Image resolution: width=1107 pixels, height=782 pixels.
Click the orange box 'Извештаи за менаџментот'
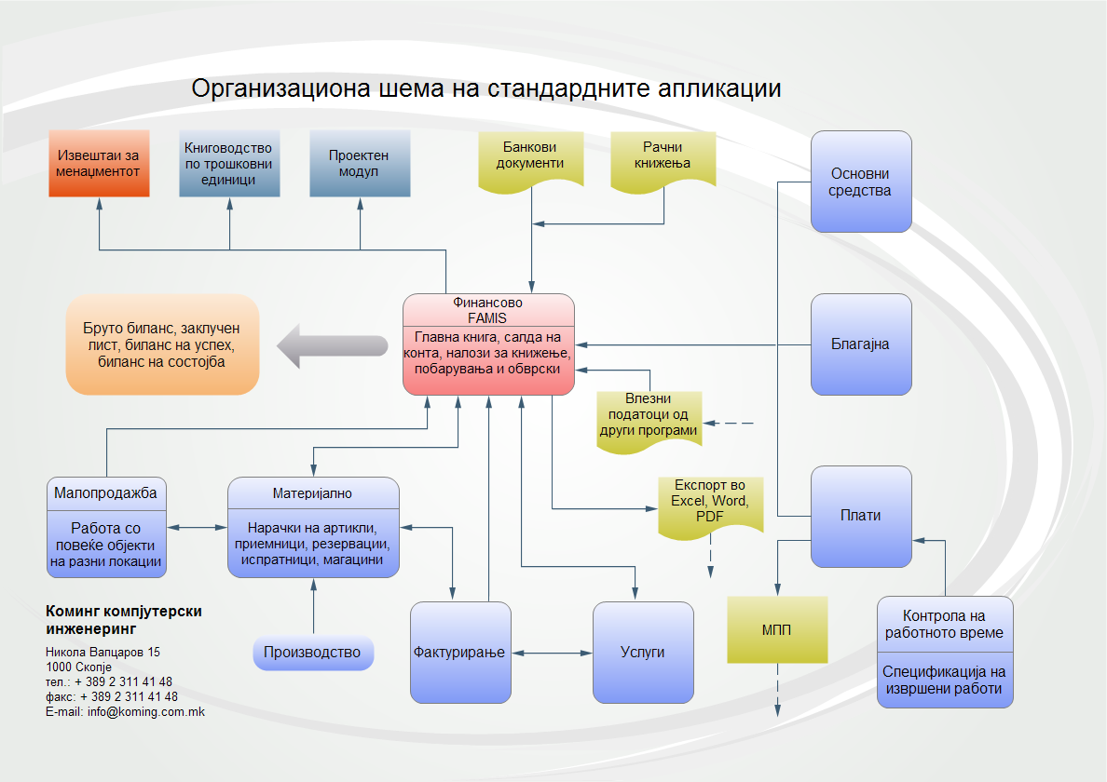pyautogui.click(x=99, y=164)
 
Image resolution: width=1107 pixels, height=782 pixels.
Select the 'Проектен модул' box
pyautogui.click(x=360, y=164)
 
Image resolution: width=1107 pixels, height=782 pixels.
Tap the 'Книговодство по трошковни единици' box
pyautogui.click(x=229, y=164)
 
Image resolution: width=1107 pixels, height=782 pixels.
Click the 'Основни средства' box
pyautogui.click(x=861, y=182)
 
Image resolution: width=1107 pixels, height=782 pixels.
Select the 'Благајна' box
pyautogui.click(x=861, y=344)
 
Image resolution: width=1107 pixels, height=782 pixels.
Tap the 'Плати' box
pyautogui.click(x=861, y=516)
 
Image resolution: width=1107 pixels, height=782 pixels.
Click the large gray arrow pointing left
pyautogui.click(x=332, y=345)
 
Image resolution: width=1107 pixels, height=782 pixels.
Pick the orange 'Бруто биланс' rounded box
pyautogui.click(x=162, y=344)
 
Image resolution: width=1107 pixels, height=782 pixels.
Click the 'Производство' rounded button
pyautogui.click(x=313, y=652)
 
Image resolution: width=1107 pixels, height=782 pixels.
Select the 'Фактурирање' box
pyautogui.click(x=460, y=652)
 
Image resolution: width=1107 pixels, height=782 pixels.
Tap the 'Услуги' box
pyautogui.click(x=643, y=652)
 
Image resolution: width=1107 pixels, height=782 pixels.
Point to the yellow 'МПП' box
pyautogui.click(x=777, y=629)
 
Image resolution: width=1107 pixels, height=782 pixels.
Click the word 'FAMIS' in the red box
pyautogui.click(x=487, y=317)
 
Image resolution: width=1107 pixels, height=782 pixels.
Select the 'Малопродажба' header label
pyautogui.click(x=105, y=492)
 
